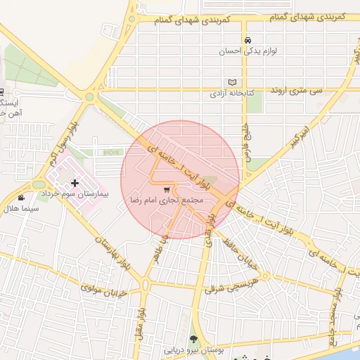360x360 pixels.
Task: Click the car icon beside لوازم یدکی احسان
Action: pos(247,40)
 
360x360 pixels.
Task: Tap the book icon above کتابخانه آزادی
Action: pos(233,82)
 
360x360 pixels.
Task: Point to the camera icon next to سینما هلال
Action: pos(22,198)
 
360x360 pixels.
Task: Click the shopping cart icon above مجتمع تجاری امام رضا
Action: pos(166,189)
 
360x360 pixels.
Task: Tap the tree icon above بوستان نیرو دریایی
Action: pos(193,339)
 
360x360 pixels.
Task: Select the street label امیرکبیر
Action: pos(295,136)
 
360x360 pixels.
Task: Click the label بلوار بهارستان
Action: pos(112,255)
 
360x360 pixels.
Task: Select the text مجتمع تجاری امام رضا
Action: pos(167,200)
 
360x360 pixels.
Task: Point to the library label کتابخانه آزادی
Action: pos(237,94)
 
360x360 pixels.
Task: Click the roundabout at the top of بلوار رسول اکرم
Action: pos(89,97)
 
